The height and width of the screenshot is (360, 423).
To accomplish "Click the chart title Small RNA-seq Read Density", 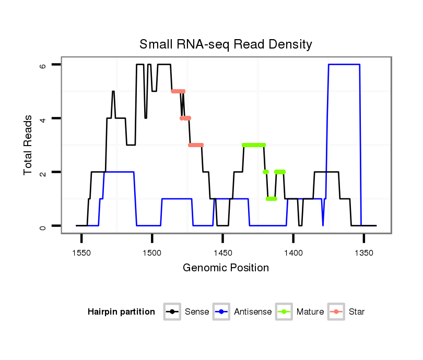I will click(x=226, y=44).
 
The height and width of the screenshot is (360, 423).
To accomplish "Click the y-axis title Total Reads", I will click(x=29, y=145).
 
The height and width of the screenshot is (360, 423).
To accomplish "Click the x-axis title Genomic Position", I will click(x=226, y=268).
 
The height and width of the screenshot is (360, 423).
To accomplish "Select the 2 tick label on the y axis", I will click(x=44, y=172).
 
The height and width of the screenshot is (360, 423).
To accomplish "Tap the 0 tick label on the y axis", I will click(x=44, y=226).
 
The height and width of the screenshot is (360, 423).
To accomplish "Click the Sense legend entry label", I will click(x=197, y=312).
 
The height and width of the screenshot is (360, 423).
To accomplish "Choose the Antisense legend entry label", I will click(x=253, y=312).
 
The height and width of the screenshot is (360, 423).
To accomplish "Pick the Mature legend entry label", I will click(x=310, y=312).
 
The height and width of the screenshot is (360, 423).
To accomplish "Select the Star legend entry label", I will click(x=357, y=312).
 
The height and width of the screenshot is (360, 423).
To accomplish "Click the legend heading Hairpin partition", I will click(x=121, y=312).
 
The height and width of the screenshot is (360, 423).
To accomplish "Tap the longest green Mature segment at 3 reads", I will click(x=254, y=145).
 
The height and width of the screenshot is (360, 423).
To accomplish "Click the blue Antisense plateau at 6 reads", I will click(x=344, y=64).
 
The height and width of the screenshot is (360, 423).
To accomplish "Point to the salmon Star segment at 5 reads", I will click(x=178, y=91).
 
